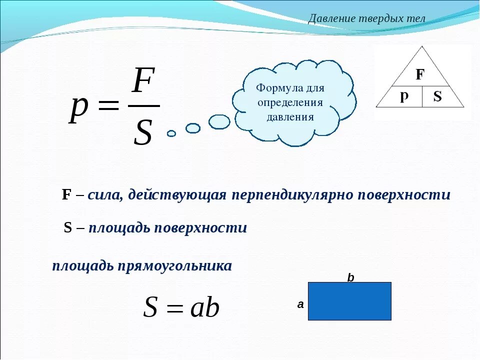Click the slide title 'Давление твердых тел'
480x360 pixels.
pyautogui.click(x=366, y=18)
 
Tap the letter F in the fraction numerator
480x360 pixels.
pyautogui.click(x=143, y=81)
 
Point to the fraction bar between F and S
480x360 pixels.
pyautogui.click(x=144, y=106)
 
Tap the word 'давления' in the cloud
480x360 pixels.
pyautogui.click(x=290, y=117)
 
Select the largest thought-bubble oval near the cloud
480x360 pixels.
pyautogui.click(x=219, y=121)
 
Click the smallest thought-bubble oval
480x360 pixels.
pyautogui.click(x=171, y=133)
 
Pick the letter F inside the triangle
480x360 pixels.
pyautogui.click(x=420, y=75)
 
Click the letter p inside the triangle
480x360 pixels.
pyautogui.click(x=403, y=97)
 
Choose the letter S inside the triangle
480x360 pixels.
pyautogui.click(x=437, y=97)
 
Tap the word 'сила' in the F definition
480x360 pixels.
pyautogui.click(x=104, y=195)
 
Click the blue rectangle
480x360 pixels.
pyautogui.click(x=349, y=301)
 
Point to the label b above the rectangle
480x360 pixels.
pyautogui.click(x=350, y=277)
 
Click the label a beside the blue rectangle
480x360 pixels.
pyautogui.click(x=300, y=303)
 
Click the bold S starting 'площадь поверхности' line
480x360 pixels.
pyautogui.click(x=68, y=228)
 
